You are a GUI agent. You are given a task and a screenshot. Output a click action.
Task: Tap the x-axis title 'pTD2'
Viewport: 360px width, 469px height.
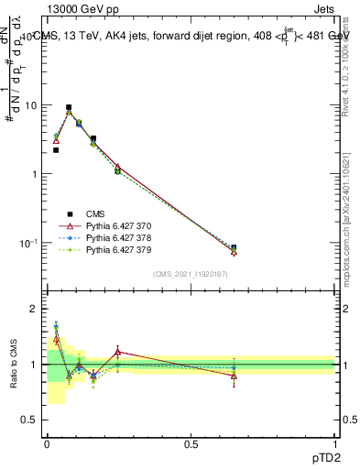tap(325, 458)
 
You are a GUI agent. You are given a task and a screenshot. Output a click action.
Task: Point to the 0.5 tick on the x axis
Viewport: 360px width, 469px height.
tap(191, 444)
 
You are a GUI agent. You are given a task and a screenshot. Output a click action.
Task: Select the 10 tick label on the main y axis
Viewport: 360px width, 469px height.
tap(30, 105)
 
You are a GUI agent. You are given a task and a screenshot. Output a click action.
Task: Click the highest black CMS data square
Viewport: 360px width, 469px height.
tap(69, 107)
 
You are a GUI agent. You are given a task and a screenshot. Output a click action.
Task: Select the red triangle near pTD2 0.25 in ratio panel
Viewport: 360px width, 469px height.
tap(117, 351)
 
